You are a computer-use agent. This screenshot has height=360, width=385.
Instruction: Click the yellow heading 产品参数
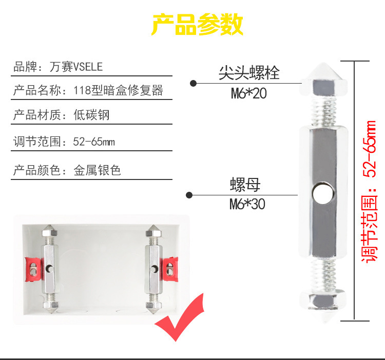198,24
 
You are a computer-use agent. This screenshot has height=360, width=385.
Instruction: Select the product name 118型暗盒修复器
118,91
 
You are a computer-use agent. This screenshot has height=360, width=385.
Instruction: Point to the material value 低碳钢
91,115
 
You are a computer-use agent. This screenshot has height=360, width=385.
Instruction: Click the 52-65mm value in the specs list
94,142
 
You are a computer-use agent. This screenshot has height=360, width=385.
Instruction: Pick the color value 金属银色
97,170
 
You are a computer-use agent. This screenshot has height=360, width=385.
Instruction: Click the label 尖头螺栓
249,73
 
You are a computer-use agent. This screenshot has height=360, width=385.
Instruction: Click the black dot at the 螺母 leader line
189,195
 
